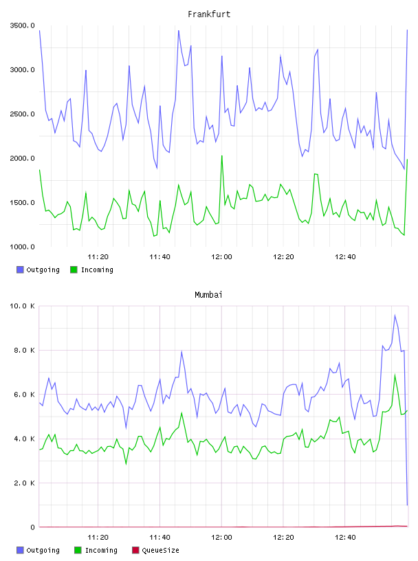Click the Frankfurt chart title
pos(209,14)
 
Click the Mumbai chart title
pos(208,295)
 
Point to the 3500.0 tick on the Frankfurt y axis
pos(23,25)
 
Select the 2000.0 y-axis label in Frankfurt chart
pos(23,158)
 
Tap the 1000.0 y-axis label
pos(23,247)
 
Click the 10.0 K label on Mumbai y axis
pos(23,306)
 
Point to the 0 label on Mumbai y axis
pos(32,527)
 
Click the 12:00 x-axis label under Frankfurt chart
pos(221,256)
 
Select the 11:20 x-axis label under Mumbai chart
pos(98,537)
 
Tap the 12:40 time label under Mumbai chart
pos(345,537)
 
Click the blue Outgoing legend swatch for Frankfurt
pos(20,269)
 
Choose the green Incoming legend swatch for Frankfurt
pos(74,269)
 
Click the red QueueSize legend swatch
pos(135,550)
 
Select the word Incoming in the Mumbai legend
pos(101,550)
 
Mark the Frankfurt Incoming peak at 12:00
pos(222,156)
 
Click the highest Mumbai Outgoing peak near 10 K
pos(395,315)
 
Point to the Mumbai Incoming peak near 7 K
pos(395,375)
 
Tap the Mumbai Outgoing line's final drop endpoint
pos(407,505)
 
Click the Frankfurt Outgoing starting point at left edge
pos(39,31)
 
